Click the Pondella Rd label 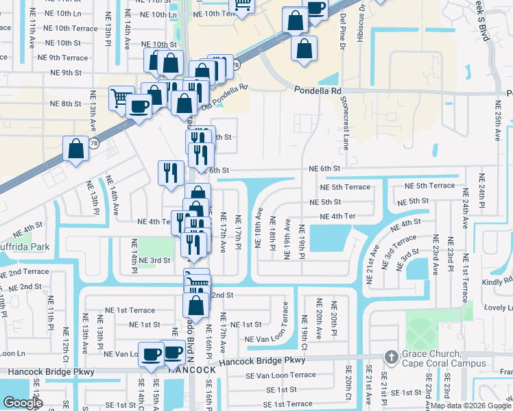click(318, 90)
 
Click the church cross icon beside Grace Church click(391, 357)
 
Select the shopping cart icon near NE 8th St click(121, 97)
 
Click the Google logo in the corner click(23, 403)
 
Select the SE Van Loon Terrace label click(282, 375)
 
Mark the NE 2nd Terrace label click(25, 272)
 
